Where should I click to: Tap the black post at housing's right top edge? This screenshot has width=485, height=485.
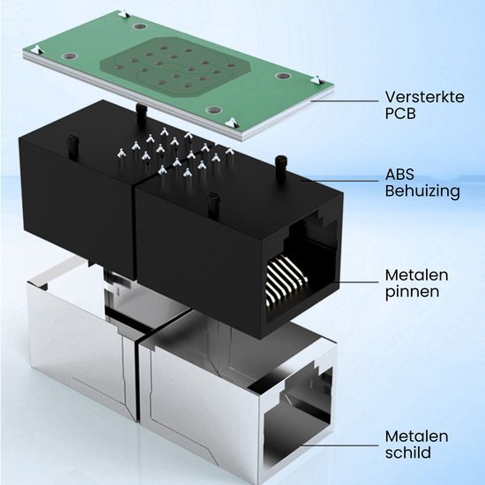[280, 160]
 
